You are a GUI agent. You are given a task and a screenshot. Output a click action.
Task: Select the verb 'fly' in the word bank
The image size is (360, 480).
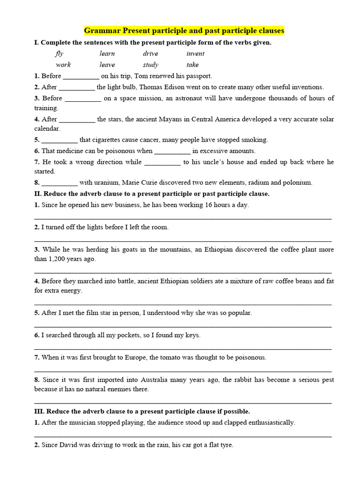(x=59, y=53)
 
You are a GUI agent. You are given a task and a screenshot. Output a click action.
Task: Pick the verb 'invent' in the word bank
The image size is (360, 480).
(x=195, y=53)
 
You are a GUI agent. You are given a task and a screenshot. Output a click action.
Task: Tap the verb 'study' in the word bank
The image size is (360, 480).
(x=150, y=65)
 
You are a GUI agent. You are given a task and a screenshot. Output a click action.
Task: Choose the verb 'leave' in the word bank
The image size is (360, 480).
(x=107, y=65)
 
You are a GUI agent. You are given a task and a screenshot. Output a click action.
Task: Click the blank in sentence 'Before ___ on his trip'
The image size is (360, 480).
(x=81, y=76)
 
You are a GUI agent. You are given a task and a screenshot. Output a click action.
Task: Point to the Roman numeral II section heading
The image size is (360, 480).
(x=38, y=194)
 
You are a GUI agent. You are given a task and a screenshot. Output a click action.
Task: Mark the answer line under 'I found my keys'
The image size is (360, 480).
(x=183, y=348)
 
